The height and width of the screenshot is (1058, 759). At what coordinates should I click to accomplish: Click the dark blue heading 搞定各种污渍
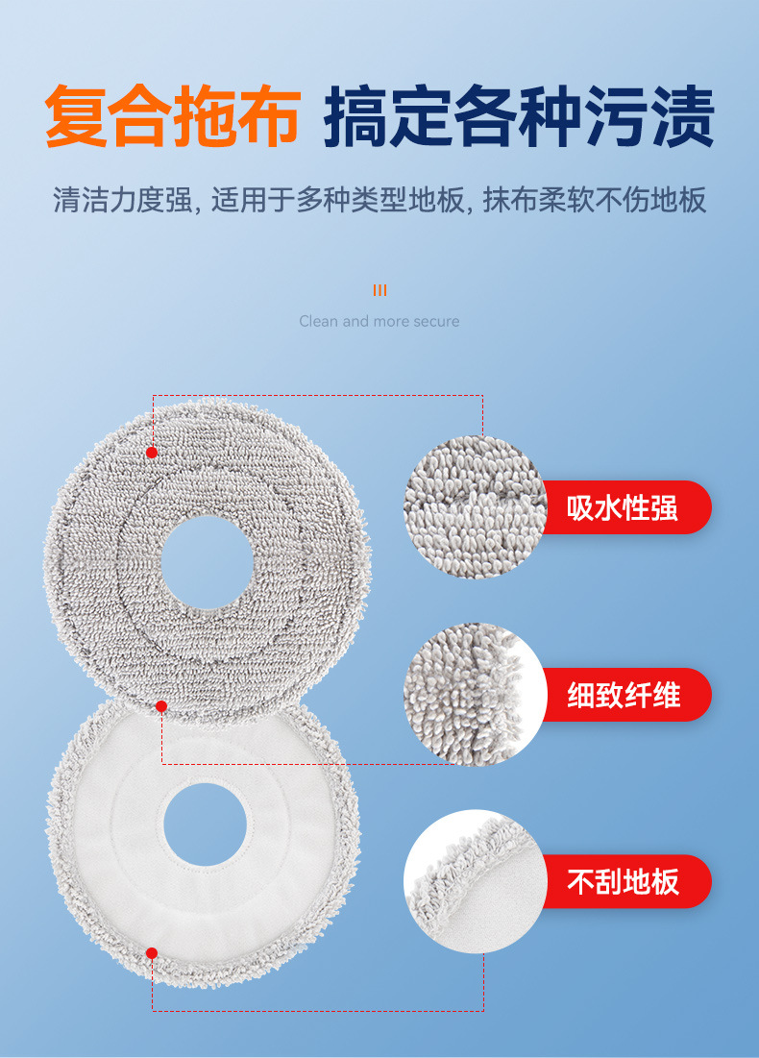[519, 117]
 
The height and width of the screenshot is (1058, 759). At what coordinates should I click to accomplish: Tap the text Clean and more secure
[379, 321]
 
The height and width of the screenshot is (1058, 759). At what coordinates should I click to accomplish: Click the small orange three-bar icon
[379, 290]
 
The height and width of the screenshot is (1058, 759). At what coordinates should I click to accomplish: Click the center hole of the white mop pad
[205, 824]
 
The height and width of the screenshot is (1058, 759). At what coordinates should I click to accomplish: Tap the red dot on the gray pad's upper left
[151, 452]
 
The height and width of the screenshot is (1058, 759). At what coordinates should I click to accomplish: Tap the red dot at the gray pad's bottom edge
[161, 706]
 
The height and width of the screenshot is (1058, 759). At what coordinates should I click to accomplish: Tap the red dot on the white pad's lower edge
[151, 952]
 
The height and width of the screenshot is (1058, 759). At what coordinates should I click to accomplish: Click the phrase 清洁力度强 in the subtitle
[121, 201]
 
